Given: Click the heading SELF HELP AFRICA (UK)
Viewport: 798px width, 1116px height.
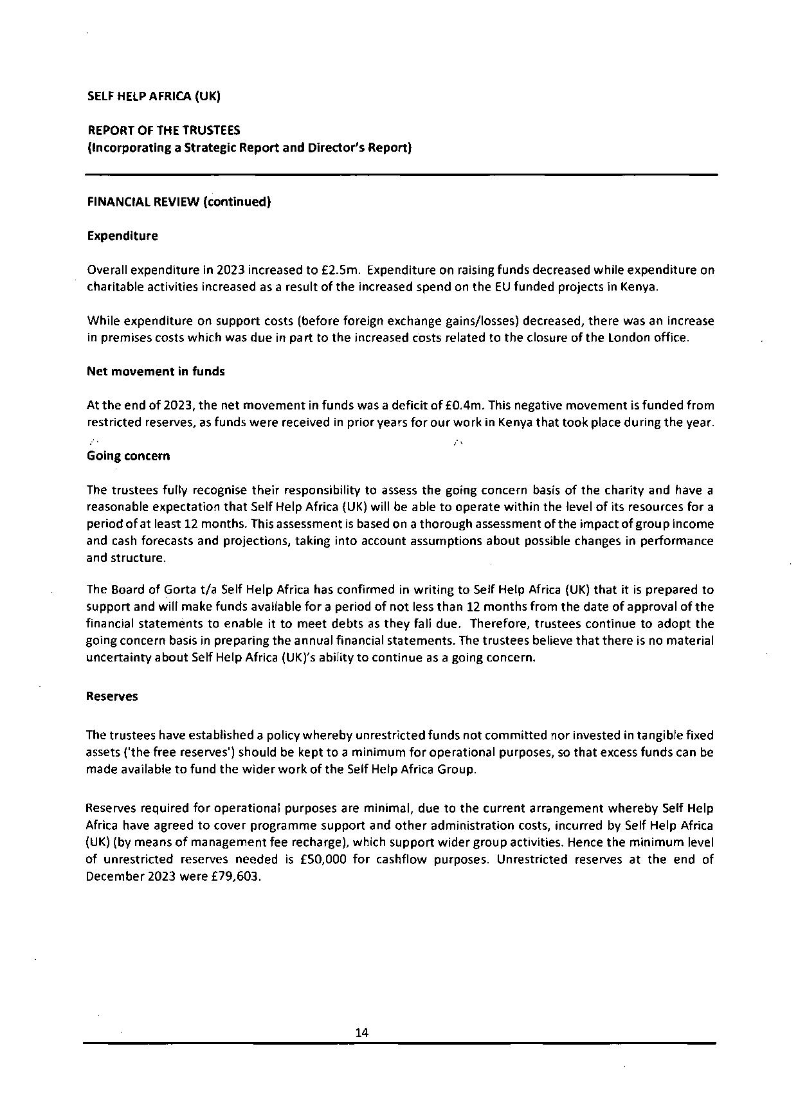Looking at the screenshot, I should (x=154, y=97).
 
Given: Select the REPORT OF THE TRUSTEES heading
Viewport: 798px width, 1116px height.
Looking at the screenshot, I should (x=164, y=131).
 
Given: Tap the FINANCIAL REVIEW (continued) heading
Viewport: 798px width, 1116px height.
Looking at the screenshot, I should (x=179, y=202).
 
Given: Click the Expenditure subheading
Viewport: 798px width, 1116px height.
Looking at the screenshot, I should (x=122, y=236).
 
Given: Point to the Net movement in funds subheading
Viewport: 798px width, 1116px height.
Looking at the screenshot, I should (x=156, y=372).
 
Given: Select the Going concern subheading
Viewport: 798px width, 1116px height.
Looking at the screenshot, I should (x=128, y=456).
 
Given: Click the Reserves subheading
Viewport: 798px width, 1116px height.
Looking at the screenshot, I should (x=112, y=696).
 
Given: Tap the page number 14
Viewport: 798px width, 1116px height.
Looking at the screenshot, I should (x=361, y=1032).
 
